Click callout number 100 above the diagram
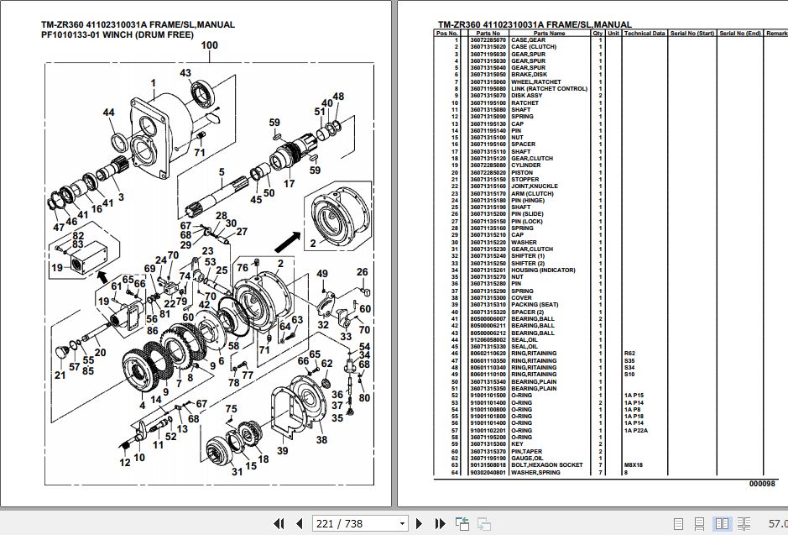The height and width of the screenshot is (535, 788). (209, 45)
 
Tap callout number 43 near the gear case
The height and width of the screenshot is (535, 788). (185, 73)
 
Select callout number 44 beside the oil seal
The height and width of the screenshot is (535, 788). (109, 113)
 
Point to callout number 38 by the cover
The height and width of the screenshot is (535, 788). (321, 439)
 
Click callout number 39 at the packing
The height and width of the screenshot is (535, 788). (283, 451)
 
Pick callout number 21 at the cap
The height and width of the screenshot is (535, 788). (60, 375)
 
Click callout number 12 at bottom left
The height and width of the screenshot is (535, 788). (125, 463)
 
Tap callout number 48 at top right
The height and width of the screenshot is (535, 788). (338, 97)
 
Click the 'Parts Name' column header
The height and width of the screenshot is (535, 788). (551, 34)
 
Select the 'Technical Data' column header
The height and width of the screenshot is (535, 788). (644, 34)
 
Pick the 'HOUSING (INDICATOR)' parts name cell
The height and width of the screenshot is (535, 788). (543, 270)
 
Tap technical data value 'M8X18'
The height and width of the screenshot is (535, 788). (633, 465)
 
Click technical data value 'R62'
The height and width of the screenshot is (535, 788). (629, 354)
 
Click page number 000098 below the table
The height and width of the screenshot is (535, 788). (763, 485)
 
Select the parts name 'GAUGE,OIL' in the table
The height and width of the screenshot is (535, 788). (526, 459)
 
